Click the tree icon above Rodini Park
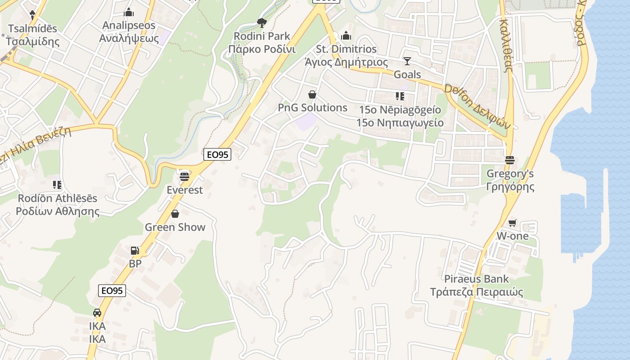(x=261, y=22)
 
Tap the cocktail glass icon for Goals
(x=407, y=61)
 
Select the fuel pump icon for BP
(x=135, y=251)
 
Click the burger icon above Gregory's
(x=510, y=160)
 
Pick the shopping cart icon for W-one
(x=512, y=223)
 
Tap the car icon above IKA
(x=97, y=312)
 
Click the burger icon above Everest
(x=184, y=176)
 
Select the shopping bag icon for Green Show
(x=175, y=213)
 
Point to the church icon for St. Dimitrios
(x=346, y=35)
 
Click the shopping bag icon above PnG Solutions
(x=312, y=94)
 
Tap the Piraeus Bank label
(x=476, y=279)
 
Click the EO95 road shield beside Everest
(x=217, y=154)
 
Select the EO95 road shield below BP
(x=112, y=291)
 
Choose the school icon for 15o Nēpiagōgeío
(x=400, y=96)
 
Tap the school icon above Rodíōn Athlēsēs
(x=57, y=184)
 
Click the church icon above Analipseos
(x=129, y=12)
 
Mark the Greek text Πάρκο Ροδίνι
(x=261, y=49)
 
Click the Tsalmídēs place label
(x=32, y=28)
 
